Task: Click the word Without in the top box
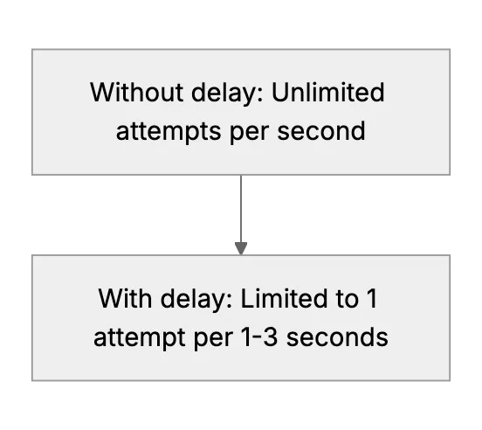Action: point(137,92)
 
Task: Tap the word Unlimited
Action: point(328,92)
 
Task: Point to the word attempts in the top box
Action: point(169,132)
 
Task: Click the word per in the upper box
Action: point(250,133)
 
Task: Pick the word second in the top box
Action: point(321,130)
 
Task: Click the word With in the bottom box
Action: point(125,298)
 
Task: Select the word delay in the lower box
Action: point(194,300)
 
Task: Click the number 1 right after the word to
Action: point(372,298)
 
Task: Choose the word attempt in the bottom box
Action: point(139,338)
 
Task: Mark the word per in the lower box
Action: point(213,340)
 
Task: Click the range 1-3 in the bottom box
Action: point(259,337)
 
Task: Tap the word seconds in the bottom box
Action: point(337,336)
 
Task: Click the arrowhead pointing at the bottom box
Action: point(241,248)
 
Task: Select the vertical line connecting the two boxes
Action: point(241,209)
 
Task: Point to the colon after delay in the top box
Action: point(261,95)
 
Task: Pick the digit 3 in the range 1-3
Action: point(271,337)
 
